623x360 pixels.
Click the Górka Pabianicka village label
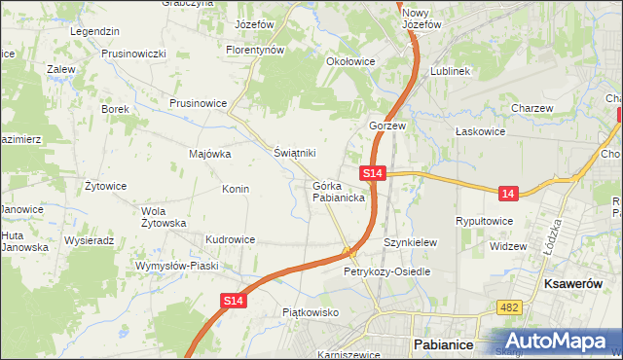tap(339, 191)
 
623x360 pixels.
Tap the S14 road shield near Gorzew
tap(374, 173)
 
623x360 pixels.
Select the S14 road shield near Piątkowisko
tap(234, 303)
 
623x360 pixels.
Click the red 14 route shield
tap(507, 195)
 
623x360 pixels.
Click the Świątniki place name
tap(294, 153)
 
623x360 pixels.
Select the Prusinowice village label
tap(198, 102)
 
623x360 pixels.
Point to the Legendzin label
tap(94, 31)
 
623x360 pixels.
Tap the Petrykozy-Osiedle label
tap(386, 271)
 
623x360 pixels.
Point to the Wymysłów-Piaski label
tap(176, 266)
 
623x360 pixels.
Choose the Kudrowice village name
tap(230, 239)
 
